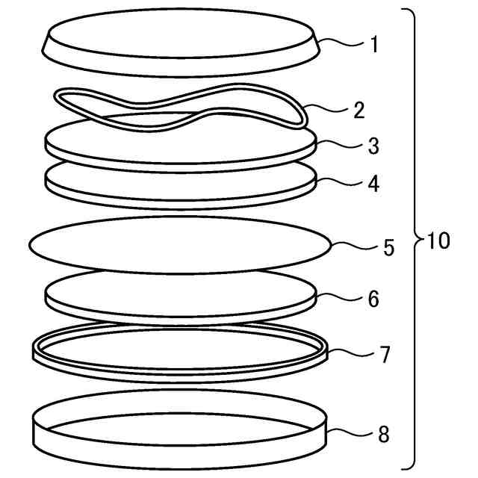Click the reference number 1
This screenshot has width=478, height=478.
coord(374,45)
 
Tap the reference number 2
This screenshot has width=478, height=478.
coord(359,110)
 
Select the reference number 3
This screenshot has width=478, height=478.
coord(373,146)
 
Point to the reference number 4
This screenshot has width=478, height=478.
coord(373,184)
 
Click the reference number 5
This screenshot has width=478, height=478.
coord(388,247)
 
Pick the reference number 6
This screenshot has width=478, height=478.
coord(373,299)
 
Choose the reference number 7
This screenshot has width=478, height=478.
coord(385,355)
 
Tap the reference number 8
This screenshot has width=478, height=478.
coord(384,434)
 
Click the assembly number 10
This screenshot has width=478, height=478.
coord(438,240)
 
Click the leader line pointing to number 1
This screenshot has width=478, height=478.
coord(341,43)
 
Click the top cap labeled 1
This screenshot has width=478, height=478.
coord(181,43)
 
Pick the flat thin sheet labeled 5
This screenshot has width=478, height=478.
coord(180,245)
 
